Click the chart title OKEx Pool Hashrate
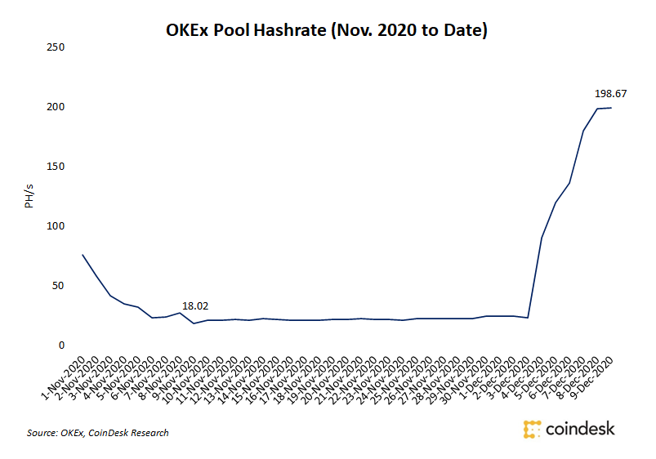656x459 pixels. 326,31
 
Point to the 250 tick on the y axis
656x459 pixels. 56,47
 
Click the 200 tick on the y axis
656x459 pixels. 56,107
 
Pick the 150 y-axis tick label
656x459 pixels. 56,167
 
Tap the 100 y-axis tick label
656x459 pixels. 56,226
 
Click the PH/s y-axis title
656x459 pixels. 29,196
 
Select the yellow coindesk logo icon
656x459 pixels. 532,429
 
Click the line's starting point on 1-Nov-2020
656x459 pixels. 83,255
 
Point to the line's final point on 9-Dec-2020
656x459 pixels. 611,109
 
